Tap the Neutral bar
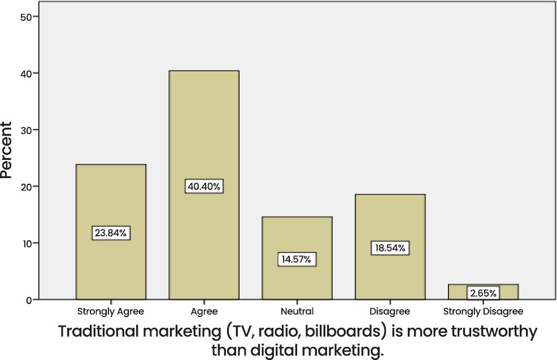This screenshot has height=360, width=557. (x=297, y=237)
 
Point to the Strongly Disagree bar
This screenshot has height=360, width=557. (x=483, y=288)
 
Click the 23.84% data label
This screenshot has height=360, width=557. (x=111, y=232)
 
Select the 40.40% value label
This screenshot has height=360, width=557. (x=204, y=186)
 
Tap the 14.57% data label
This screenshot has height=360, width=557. (x=297, y=259)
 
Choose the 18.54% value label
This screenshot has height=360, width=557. (x=390, y=248)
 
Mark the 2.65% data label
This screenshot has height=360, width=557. (x=483, y=293)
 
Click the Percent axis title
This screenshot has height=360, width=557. (x=7, y=150)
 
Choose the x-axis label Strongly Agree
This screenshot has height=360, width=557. (x=111, y=311)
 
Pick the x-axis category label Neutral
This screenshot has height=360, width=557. (x=297, y=311)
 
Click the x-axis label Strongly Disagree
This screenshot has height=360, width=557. (x=483, y=311)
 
